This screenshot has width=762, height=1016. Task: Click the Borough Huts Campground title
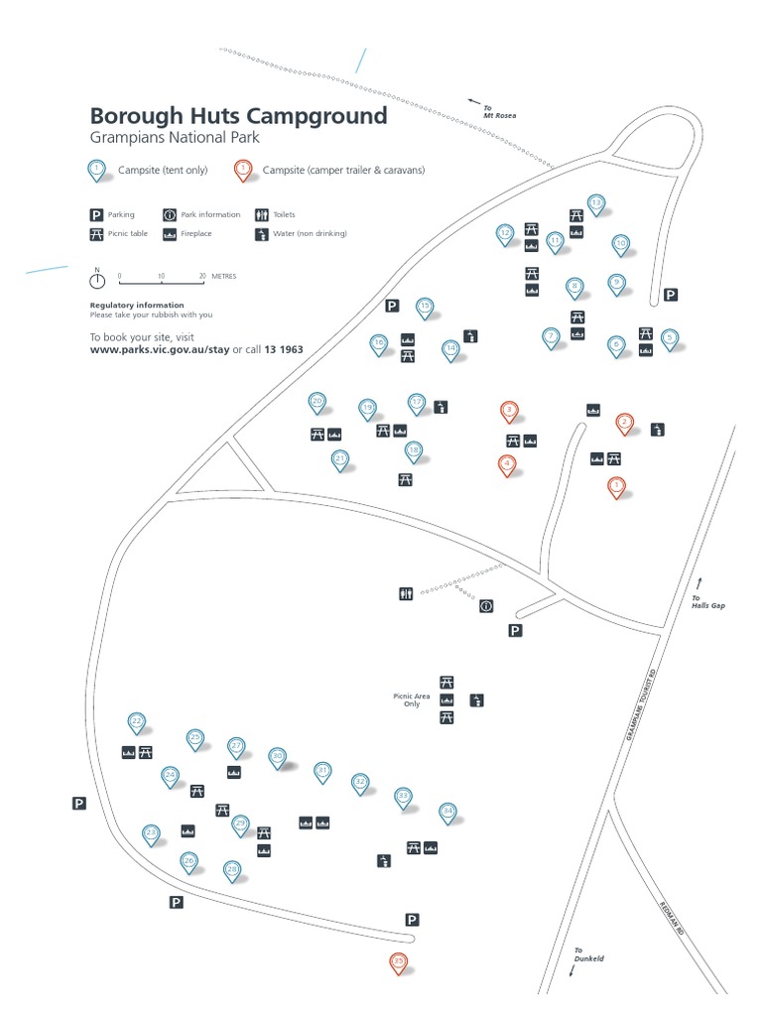click(x=238, y=116)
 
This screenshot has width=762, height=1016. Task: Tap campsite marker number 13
click(x=596, y=204)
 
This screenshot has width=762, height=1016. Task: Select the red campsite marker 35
click(x=399, y=961)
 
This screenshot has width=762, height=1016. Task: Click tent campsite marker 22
click(x=137, y=721)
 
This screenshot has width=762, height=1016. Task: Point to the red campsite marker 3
click(x=509, y=410)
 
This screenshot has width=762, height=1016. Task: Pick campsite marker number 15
click(x=425, y=307)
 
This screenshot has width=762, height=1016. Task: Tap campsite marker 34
click(x=447, y=812)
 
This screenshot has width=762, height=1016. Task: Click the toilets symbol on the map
click(x=405, y=593)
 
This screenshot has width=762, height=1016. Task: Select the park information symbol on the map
click(x=486, y=605)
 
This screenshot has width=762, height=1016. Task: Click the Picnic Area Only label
click(x=412, y=699)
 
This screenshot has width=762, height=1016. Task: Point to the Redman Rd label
click(x=671, y=918)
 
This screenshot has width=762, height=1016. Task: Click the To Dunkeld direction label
click(x=588, y=954)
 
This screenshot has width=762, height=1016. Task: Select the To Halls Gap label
click(x=708, y=601)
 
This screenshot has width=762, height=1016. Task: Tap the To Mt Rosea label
click(x=499, y=113)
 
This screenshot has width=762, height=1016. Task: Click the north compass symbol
click(x=97, y=280)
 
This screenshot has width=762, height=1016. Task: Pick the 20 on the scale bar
click(x=202, y=277)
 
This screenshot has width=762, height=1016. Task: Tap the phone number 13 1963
click(x=284, y=350)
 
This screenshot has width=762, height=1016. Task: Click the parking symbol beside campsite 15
click(x=392, y=306)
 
